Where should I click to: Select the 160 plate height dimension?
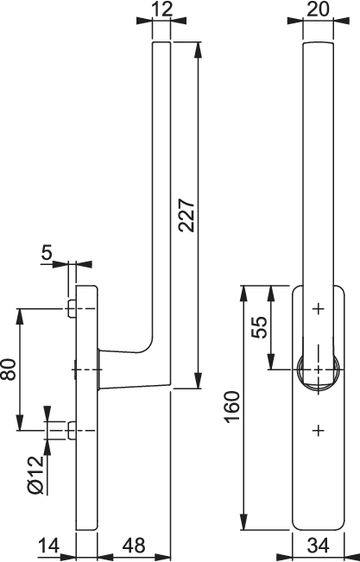(x=232, y=407)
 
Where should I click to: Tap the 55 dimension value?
(x=260, y=327)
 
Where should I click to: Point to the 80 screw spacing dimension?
(x=9, y=369)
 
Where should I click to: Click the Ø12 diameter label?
(x=35, y=476)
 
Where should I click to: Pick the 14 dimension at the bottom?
(x=48, y=546)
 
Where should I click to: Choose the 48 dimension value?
(x=134, y=546)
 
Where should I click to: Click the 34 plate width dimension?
(x=318, y=546)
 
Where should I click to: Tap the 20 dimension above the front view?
(x=318, y=9)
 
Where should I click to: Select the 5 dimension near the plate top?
(x=47, y=253)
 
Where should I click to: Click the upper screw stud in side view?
(x=72, y=308)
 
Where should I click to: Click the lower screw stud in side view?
(x=72, y=431)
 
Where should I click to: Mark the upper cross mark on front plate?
(x=318, y=308)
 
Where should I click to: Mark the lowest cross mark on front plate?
(x=318, y=430)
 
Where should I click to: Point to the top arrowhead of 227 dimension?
(x=198, y=50)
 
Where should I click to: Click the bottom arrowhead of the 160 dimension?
(x=243, y=521)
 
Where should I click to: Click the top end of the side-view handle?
(x=161, y=42)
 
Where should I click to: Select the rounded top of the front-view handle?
(x=319, y=44)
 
